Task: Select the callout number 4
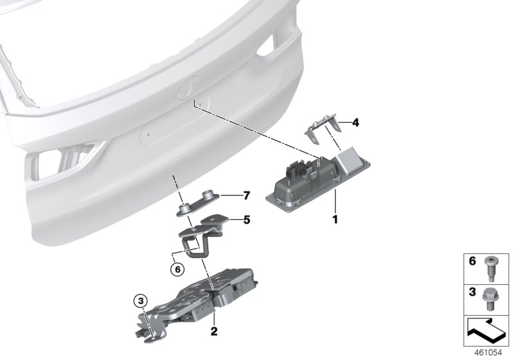click(355, 122)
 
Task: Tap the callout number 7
click(245, 195)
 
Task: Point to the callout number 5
click(245, 219)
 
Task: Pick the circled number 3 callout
click(140, 299)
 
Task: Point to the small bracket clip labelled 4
click(321, 132)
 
